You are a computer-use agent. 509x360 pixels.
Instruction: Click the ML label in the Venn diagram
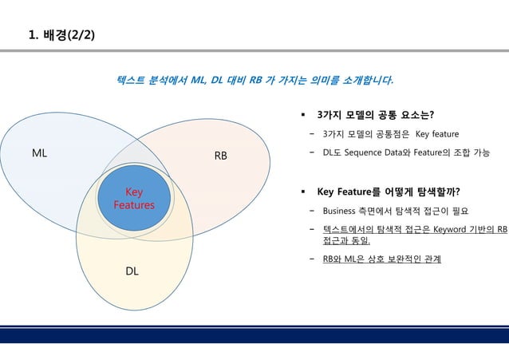(39, 154)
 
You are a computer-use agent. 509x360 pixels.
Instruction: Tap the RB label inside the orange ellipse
(220, 156)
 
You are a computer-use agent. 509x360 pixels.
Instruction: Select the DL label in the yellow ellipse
(132, 271)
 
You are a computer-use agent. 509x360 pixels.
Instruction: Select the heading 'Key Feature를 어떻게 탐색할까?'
(389, 192)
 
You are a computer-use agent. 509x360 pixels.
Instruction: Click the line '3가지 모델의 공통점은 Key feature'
(390, 133)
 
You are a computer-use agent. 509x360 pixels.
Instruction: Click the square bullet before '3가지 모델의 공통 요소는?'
(303, 115)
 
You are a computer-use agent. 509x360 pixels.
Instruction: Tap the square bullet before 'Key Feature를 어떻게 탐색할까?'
(303, 192)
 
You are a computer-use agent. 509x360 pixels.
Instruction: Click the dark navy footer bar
(254, 335)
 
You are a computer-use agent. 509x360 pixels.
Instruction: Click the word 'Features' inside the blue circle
(133, 205)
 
